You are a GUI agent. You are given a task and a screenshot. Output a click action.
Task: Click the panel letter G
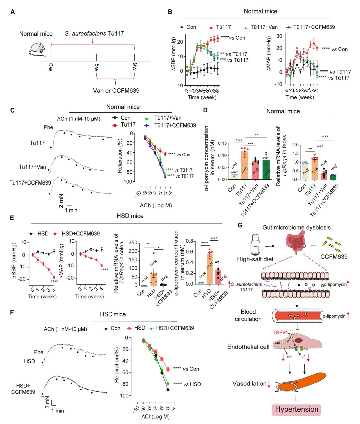pyautogui.click(x=240, y=225)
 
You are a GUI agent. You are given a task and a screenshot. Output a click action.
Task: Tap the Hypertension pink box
pyautogui.click(x=296, y=409)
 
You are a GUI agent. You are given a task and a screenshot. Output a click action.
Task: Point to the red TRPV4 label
pyautogui.click(x=280, y=332)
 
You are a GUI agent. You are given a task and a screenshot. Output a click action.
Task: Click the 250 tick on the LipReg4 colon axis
pyautogui.click(x=133, y=243)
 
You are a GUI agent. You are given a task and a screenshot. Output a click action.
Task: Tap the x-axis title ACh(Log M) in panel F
pyautogui.click(x=155, y=417)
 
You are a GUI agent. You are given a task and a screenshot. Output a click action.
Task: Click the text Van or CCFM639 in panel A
pyautogui.click(x=116, y=91)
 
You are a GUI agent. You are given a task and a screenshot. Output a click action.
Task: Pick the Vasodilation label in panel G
pyautogui.click(x=249, y=384)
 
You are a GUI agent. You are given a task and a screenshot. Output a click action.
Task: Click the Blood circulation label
pyautogui.click(x=248, y=315)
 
